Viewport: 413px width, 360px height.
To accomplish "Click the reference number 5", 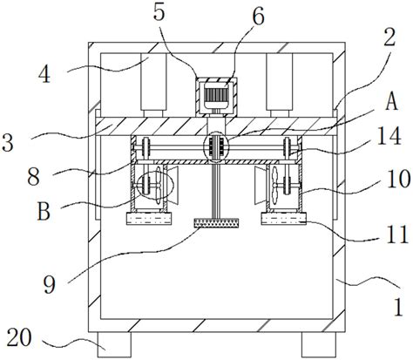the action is [x=159, y=12].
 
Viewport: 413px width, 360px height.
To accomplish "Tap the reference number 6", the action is [x=258, y=16].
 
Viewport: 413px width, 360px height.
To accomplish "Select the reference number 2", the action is [x=389, y=37].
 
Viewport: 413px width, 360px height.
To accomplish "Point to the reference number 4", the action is [x=44, y=74].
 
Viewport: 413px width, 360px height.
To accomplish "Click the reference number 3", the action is [x=8, y=142].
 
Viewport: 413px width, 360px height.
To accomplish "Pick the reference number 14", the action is [x=389, y=136].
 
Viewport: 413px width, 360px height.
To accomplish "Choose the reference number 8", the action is [x=33, y=176].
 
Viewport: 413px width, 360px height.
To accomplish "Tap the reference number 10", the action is [x=398, y=179].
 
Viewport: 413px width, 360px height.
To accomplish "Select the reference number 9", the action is [x=50, y=284].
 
